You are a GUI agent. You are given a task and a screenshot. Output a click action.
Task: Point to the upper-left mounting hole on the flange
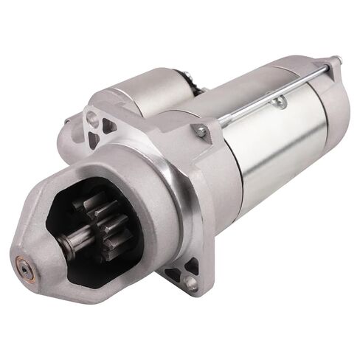pos(91,117)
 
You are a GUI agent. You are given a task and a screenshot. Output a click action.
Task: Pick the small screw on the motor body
pos(278,101)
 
